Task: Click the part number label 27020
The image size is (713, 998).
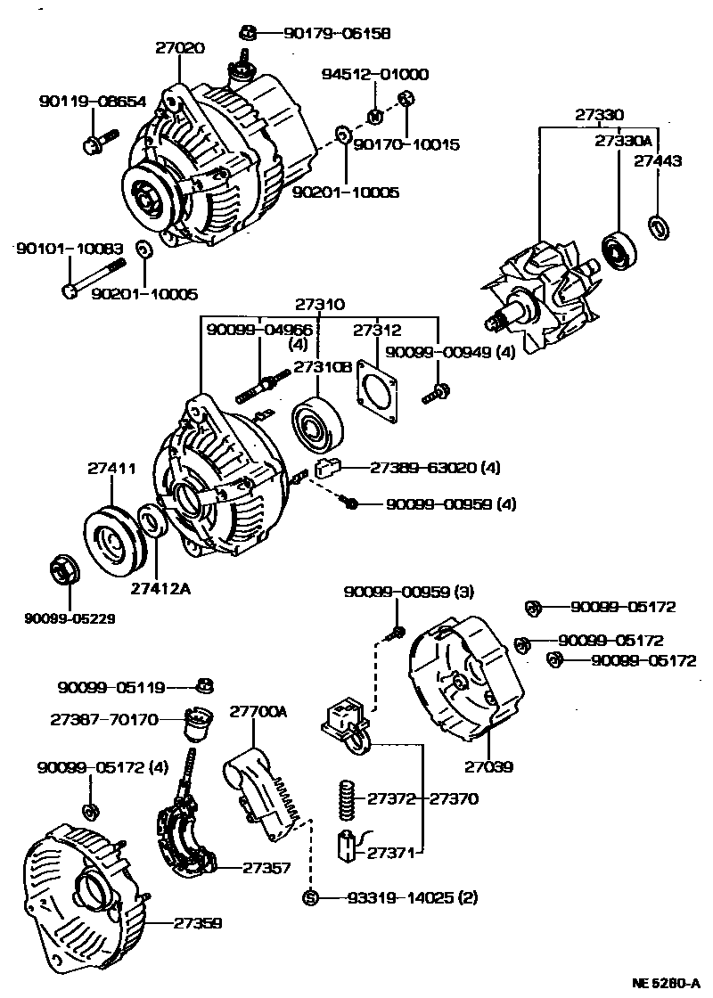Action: [x=181, y=50]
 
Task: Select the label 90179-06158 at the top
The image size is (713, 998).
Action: [x=337, y=34]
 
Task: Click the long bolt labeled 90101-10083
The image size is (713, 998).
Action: [x=93, y=278]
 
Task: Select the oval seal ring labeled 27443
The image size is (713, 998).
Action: [x=659, y=226]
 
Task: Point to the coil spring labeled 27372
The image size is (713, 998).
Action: [x=348, y=798]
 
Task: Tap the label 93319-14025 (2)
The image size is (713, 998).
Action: [x=412, y=897]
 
